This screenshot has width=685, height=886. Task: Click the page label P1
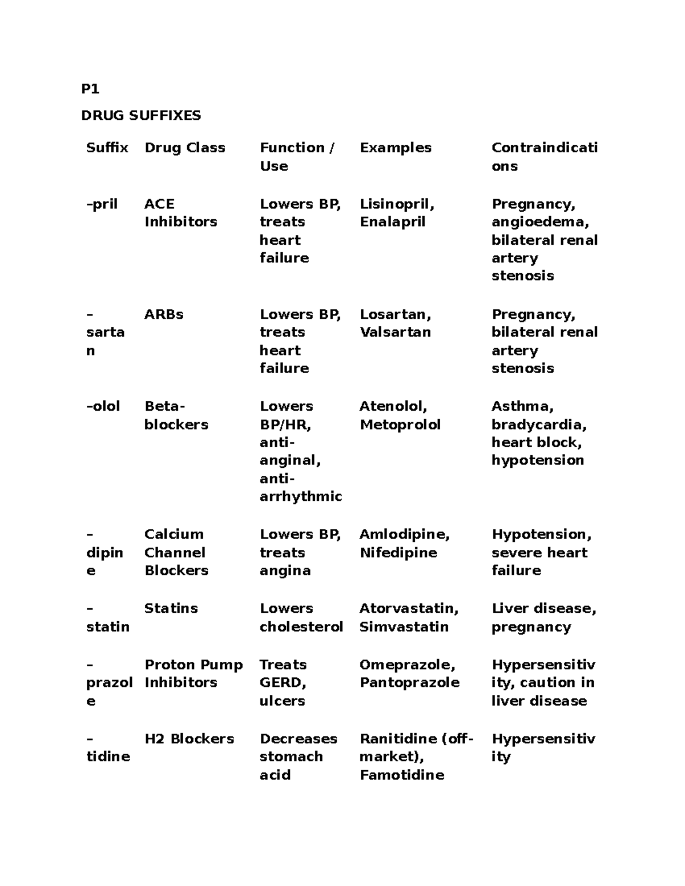[90, 88]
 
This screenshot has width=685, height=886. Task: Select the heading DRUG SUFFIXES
[141, 115]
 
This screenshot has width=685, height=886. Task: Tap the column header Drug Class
[184, 147]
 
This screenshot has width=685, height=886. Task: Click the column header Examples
[395, 147]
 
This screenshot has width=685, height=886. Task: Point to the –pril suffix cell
[102, 204]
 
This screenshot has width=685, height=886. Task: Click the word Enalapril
[392, 221]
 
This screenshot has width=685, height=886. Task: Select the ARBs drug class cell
[163, 314]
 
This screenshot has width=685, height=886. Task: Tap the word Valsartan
[395, 332]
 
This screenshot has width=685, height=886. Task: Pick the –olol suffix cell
[103, 406]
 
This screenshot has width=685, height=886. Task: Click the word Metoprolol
[400, 424]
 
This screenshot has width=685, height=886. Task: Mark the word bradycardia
[538, 424]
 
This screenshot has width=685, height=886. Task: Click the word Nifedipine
[398, 552]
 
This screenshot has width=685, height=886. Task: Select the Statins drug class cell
[171, 608]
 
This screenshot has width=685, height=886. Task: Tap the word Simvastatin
[404, 626]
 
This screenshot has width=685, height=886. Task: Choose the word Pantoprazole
[409, 682]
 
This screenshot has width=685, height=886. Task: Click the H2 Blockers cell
[189, 739]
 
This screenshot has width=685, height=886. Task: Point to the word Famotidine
[401, 775]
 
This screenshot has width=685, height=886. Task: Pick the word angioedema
[539, 221]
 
